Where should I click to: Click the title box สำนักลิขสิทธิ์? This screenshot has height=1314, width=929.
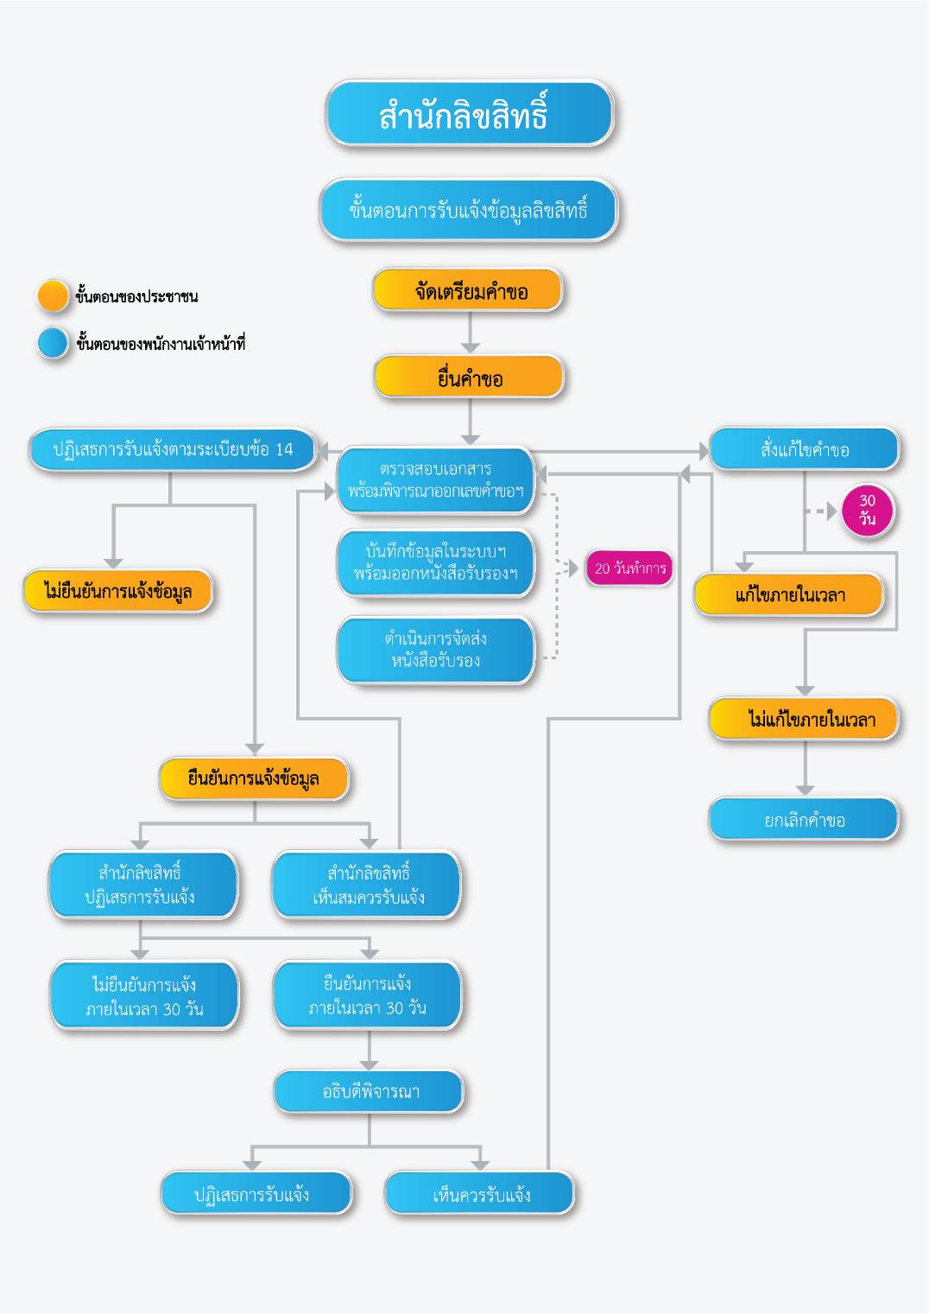(469, 113)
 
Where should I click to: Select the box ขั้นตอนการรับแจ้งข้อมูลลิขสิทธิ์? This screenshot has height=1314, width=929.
(469, 210)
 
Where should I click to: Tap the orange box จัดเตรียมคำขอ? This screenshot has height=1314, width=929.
(468, 290)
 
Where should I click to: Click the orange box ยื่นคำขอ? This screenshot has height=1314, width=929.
(469, 378)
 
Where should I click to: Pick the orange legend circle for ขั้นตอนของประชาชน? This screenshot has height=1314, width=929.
(53, 295)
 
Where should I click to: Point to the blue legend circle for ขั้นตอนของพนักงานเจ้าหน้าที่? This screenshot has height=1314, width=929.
(53, 343)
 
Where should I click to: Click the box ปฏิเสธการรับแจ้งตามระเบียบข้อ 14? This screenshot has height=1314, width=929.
(173, 449)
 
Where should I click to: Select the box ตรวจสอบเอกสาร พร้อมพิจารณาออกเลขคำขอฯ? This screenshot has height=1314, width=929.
(435, 480)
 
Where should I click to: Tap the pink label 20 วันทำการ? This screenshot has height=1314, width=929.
(629, 568)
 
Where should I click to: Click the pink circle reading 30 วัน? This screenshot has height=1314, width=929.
(867, 511)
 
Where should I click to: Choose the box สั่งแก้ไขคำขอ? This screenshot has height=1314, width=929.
(804, 449)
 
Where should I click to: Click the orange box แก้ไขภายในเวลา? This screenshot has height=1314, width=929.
(789, 595)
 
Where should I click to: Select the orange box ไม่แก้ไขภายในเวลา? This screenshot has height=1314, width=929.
(804, 720)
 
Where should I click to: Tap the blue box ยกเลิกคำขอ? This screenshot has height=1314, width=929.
(804, 820)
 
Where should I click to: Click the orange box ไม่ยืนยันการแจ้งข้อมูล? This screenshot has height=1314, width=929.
(118, 592)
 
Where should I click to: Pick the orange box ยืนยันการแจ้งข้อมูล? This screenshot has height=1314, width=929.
(254, 778)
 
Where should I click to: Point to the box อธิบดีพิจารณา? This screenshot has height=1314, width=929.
(370, 1092)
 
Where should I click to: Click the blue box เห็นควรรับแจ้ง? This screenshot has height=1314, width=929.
(480, 1195)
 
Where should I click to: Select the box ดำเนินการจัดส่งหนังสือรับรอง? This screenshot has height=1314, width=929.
(435, 650)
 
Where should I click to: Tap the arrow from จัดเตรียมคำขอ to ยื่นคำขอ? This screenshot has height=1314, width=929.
(470, 332)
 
